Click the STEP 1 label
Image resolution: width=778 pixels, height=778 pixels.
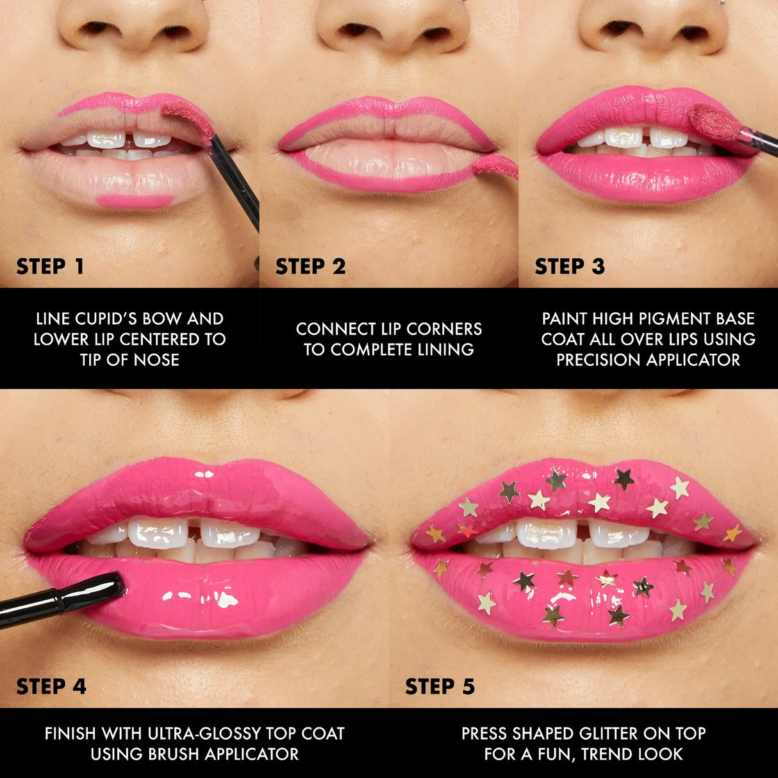(x=50, y=267)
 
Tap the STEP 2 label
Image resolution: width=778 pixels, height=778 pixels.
(x=310, y=267)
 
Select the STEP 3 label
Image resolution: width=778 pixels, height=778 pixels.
(x=569, y=267)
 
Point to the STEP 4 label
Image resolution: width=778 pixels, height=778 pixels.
(x=51, y=686)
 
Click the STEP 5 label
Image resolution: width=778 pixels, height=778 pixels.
(x=440, y=686)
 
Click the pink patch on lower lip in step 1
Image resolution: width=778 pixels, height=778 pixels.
(x=135, y=201)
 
